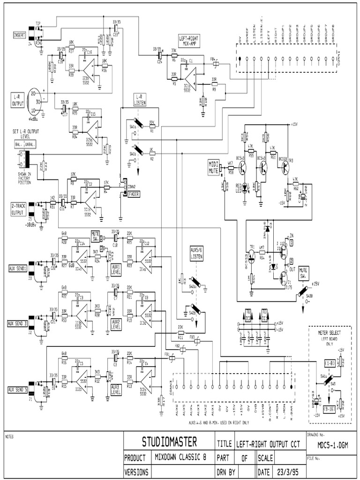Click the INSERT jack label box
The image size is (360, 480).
21,35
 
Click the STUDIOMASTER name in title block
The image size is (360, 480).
169,442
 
